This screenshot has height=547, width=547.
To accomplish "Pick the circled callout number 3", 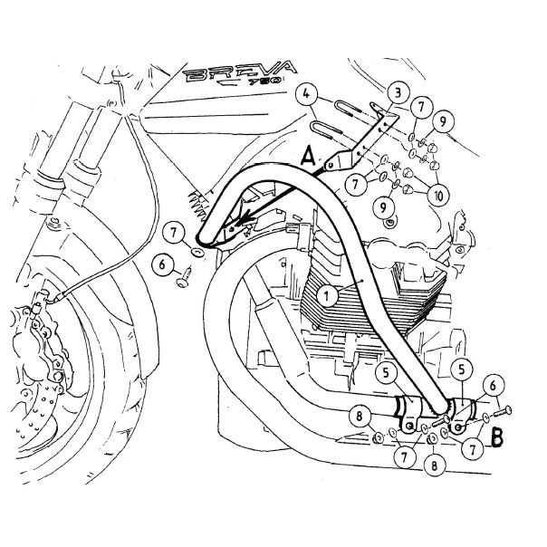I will (397, 91).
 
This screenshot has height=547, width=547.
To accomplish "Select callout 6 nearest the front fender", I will (162, 264).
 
